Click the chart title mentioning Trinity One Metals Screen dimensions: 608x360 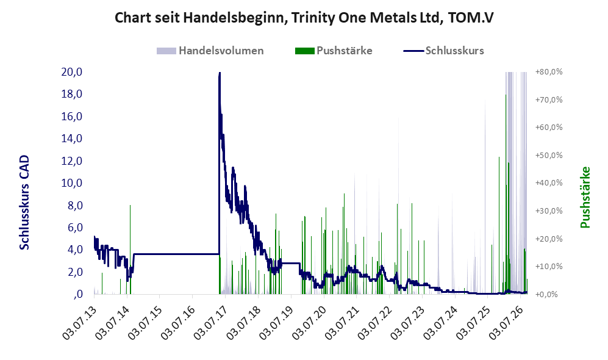click(x=304, y=18)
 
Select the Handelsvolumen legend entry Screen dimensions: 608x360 click(x=210, y=51)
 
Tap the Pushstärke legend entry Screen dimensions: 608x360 click(x=334, y=51)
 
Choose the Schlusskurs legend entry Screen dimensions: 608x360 click(x=443, y=51)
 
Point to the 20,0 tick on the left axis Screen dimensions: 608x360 click(x=72, y=72)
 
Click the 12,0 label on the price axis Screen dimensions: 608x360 click(x=72, y=160)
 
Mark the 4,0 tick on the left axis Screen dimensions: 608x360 click(x=75, y=250)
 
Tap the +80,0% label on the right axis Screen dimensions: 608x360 click(x=549, y=72)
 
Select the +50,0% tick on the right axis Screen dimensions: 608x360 click(x=549, y=155)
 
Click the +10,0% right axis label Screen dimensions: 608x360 click(x=549, y=266)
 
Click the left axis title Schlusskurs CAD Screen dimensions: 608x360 click(x=24, y=202)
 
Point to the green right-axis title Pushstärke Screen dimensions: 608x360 click(x=585, y=197)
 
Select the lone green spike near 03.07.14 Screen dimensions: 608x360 click(x=131, y=250)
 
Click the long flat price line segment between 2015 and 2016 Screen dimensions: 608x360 click(x=176, y=254)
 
